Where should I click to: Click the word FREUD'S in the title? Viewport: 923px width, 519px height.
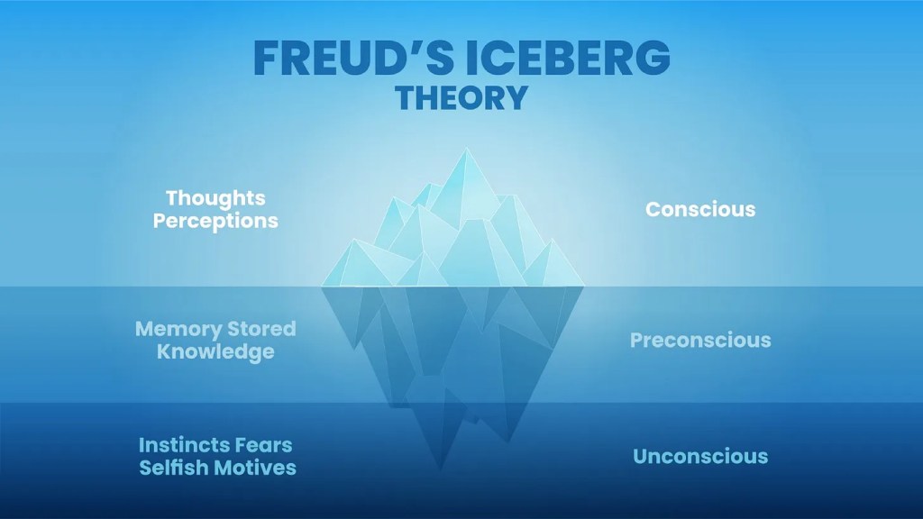pyautogui.click(x=353, y=58)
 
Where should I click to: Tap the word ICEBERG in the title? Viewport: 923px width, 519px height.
pyautogui.click(x=568, y=58)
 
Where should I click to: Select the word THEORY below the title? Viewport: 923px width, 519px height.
pyautogui.click(x=461, y=97)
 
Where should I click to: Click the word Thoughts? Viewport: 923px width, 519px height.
pyautogui.click(x=215, y=198)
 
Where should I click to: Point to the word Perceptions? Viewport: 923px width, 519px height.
pyautogui.click(x=215, y=222)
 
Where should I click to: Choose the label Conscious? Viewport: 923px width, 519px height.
pyautogui.click(x=700, y=209)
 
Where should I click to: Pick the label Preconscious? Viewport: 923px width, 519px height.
pyautogui.click(x=700, y=340)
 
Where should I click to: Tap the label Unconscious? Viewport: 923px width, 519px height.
pyautogui.click(x=700, y=457)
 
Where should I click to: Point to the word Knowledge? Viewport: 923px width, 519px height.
pyautogui.click(x=215, y=352)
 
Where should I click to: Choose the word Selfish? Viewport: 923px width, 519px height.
pyautogui.click(x=174, y=468)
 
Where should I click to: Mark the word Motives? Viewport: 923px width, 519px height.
pyautogui.click(x=255, y=468)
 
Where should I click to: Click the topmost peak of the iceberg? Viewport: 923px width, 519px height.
pyautogui.click(x=467, y=149)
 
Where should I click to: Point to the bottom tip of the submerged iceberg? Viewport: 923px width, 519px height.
pyautogui.click(x=440, y=470)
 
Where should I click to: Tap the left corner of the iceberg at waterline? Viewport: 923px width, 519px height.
pyautogui.click(x=322, y=287)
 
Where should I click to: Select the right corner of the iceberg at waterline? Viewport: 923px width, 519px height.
pyautogui.click(x=584, y=287)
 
